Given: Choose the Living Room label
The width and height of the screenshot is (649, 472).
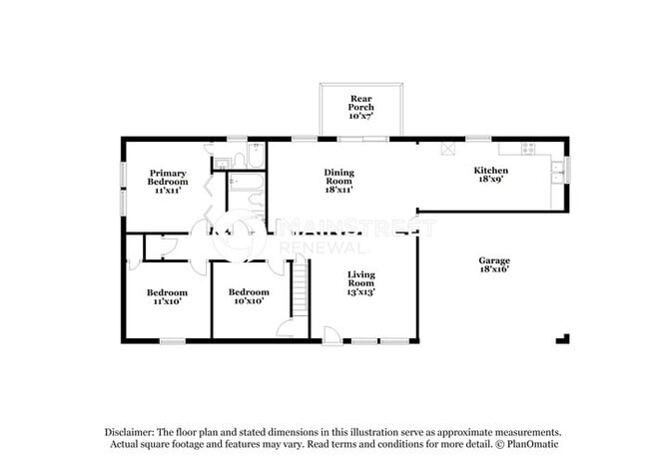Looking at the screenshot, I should tap(360, 283).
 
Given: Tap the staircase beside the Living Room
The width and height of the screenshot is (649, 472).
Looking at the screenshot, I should tap(297, 283).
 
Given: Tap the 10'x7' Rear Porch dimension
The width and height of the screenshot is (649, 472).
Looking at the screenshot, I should tap(360, 116).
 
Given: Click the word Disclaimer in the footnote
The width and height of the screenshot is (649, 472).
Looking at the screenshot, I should tap(134, 431).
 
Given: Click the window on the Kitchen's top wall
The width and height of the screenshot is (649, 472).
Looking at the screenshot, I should tap(478, 138).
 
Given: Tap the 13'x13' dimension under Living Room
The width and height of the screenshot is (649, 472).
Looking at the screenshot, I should tap(360, 293).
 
